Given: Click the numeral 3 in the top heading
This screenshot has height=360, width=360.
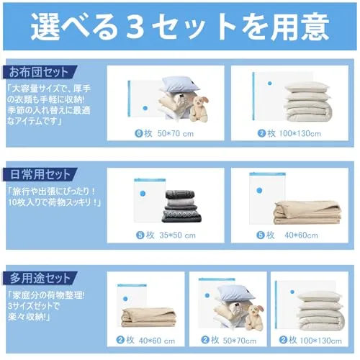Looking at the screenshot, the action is [x=135, y=27].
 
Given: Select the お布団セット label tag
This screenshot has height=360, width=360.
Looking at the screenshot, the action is [x=40, y=72].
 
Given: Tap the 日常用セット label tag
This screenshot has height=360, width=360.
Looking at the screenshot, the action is [x=40, y=174].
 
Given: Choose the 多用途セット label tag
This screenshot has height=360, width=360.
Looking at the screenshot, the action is [x=40, y=278].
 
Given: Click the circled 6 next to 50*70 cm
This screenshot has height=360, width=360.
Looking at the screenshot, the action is [x=139, y=133].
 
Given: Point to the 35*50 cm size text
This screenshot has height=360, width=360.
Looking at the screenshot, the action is [x=178, y=235].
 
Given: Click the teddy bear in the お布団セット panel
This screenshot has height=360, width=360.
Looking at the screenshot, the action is [x=199, y=109].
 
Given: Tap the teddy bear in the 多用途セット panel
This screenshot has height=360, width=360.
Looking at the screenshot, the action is [x=255, y=318].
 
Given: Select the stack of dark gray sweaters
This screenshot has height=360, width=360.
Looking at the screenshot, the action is [x=183, y=206].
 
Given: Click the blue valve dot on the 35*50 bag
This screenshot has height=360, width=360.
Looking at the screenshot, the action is [x=143, y=194].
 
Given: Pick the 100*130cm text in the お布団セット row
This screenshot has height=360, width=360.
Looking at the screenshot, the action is [x=300, y=133].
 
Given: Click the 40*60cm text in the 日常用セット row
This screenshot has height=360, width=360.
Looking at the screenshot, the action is [x=301, y=235].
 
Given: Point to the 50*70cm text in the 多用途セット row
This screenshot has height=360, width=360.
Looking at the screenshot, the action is [x=240, y=341].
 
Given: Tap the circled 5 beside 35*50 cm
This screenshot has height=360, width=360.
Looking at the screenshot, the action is [x=140, y=235].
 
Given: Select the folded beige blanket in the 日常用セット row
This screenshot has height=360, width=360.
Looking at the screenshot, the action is [x=307, y=212].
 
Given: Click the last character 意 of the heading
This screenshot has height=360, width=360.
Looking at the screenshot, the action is [x=315, y=27].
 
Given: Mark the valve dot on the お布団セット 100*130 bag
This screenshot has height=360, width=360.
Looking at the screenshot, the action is [x=270, y=84].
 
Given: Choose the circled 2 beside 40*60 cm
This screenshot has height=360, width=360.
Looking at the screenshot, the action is [x=120, y=340].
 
